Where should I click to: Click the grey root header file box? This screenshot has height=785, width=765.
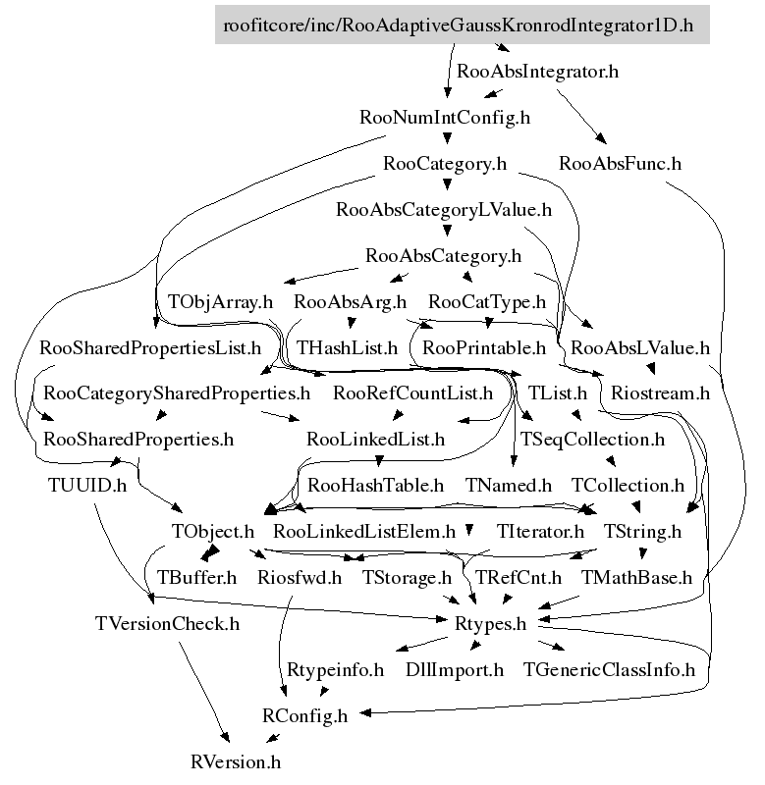[x=462, y=25]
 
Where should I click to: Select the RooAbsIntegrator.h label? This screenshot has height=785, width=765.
[x=537, y=72]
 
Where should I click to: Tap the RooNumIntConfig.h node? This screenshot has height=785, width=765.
[x=445, y=118]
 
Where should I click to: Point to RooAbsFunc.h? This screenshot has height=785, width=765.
[x=620, y=164]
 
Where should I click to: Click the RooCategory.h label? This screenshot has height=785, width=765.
[x=445, y=164]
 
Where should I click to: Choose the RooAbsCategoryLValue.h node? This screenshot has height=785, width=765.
[x=444, y=210]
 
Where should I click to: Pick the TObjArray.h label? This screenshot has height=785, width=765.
[x=220, y=302]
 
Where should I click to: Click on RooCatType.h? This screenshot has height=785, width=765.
[x=487, y=302]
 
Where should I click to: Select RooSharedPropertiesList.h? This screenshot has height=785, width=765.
[x=150, y=348]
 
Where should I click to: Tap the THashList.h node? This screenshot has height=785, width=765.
[x=348, y=348]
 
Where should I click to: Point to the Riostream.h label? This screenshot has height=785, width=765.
[x=660, y=393]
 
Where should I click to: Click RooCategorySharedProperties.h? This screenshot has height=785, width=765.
[x=177, y=393]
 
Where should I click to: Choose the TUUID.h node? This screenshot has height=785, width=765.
[x=87, y=486]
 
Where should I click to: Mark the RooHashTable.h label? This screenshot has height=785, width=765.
[x=375, y=486]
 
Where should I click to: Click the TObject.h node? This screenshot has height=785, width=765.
[x=213, y=532]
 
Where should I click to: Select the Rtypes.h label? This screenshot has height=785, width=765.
[x=490, y=624]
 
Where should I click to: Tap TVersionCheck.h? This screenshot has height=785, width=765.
[x=167, y=624]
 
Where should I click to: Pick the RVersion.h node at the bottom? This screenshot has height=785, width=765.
[x=236, y=762]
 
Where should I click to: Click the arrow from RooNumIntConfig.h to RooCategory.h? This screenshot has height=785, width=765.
[x=447, y=136]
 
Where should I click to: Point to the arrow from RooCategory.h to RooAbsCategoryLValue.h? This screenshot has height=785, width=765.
[x=447, y=183]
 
